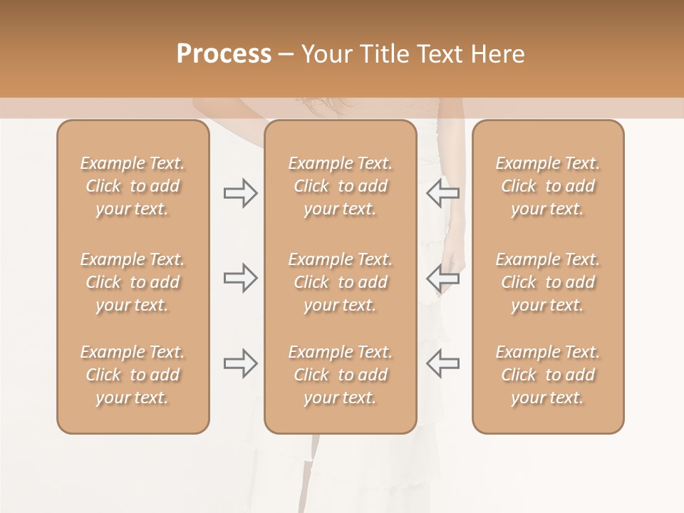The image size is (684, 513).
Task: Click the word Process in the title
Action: click(x=224, y=54)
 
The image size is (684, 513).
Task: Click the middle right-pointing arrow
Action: click(x=240, y=278)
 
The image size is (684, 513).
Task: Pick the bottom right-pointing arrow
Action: click(x=240, y=363)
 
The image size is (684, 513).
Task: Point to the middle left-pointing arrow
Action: click(x=442, y=278)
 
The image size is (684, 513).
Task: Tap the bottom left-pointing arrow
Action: click(x=442, y=363)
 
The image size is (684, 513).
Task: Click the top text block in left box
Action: click(x=133, y=186)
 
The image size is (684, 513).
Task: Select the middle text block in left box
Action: click(x=133, y=282)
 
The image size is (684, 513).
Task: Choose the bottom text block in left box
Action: click(x=133, y=375)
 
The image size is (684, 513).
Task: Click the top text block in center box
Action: click(x=340, y=186)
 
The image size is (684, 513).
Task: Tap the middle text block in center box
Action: click(x=340, y=282)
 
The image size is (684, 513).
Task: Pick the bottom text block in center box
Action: click(x=340, y=375)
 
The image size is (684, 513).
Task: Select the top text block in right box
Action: click(x=547, y=186)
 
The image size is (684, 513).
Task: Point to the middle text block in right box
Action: click(x=547, y=282)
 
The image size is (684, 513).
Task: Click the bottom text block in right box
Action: click(x=547, y=375)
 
